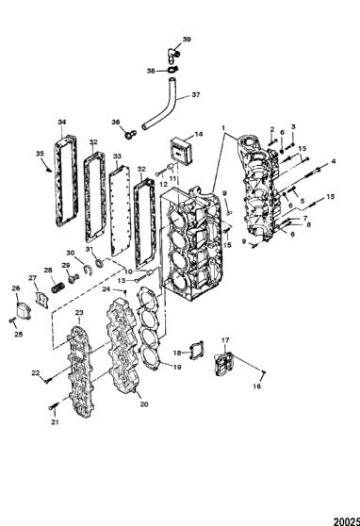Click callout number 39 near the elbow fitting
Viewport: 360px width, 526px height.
187,40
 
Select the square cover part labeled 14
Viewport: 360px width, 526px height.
181,152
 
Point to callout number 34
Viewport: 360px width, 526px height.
62,123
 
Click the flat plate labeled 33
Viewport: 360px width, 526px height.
120,211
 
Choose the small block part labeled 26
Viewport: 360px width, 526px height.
24,311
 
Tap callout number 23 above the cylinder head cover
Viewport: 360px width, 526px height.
79,313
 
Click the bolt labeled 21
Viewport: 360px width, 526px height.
54,406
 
